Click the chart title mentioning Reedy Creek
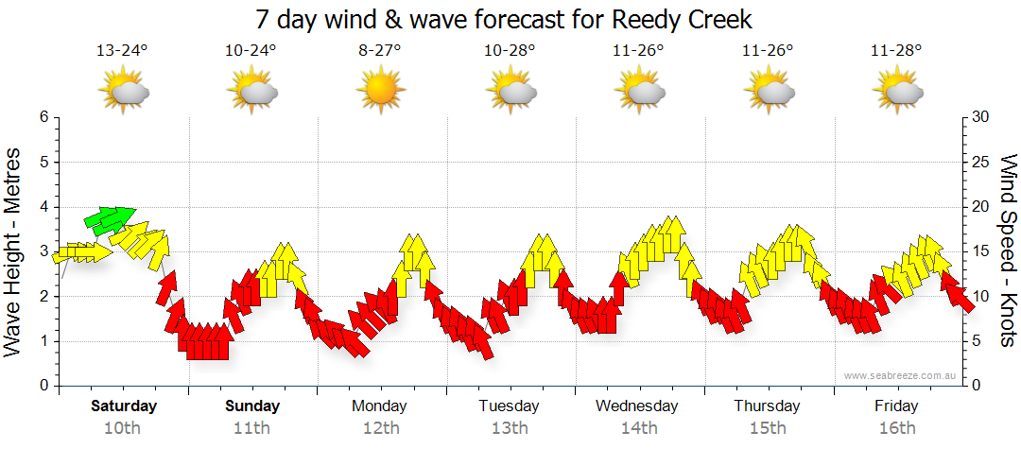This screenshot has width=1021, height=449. pyautogui.click(x=504, y=20)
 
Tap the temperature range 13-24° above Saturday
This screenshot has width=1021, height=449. pyautogui.click(x=122, y=51)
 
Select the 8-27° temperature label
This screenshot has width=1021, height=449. pyautogui.click(x=379, y=51)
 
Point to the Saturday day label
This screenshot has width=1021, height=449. pyautogui.click(x=124, y=406)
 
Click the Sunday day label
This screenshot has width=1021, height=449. pyautogui.click(x=252, y=406)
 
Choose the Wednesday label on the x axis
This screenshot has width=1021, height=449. pyautogui.click(x=637, y=406)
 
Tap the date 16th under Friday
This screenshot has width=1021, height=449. pyautogui.click(x=896, y=427)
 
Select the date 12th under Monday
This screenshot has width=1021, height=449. pyautogui.click(x=380, y=427)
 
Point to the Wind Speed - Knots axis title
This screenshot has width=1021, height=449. pyautogui.click(x=1008, y=251)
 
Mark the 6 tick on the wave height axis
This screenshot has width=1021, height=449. pyautogui.click(x=43, y=117)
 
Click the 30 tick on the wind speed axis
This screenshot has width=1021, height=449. pyautogui.click(x=980, y=117)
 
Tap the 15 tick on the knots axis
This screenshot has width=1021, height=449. pyautogui.click(x=980, y=251)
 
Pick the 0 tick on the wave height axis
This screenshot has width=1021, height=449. pyautogui.click(x=43, y=386)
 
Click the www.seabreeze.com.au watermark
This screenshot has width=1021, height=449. pyautogui.click(x=901, y=375)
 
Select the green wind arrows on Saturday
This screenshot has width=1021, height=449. pyautogui.click(x=109, y=220)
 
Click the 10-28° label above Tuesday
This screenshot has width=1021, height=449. pyautogui.click(x=510, y=51)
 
